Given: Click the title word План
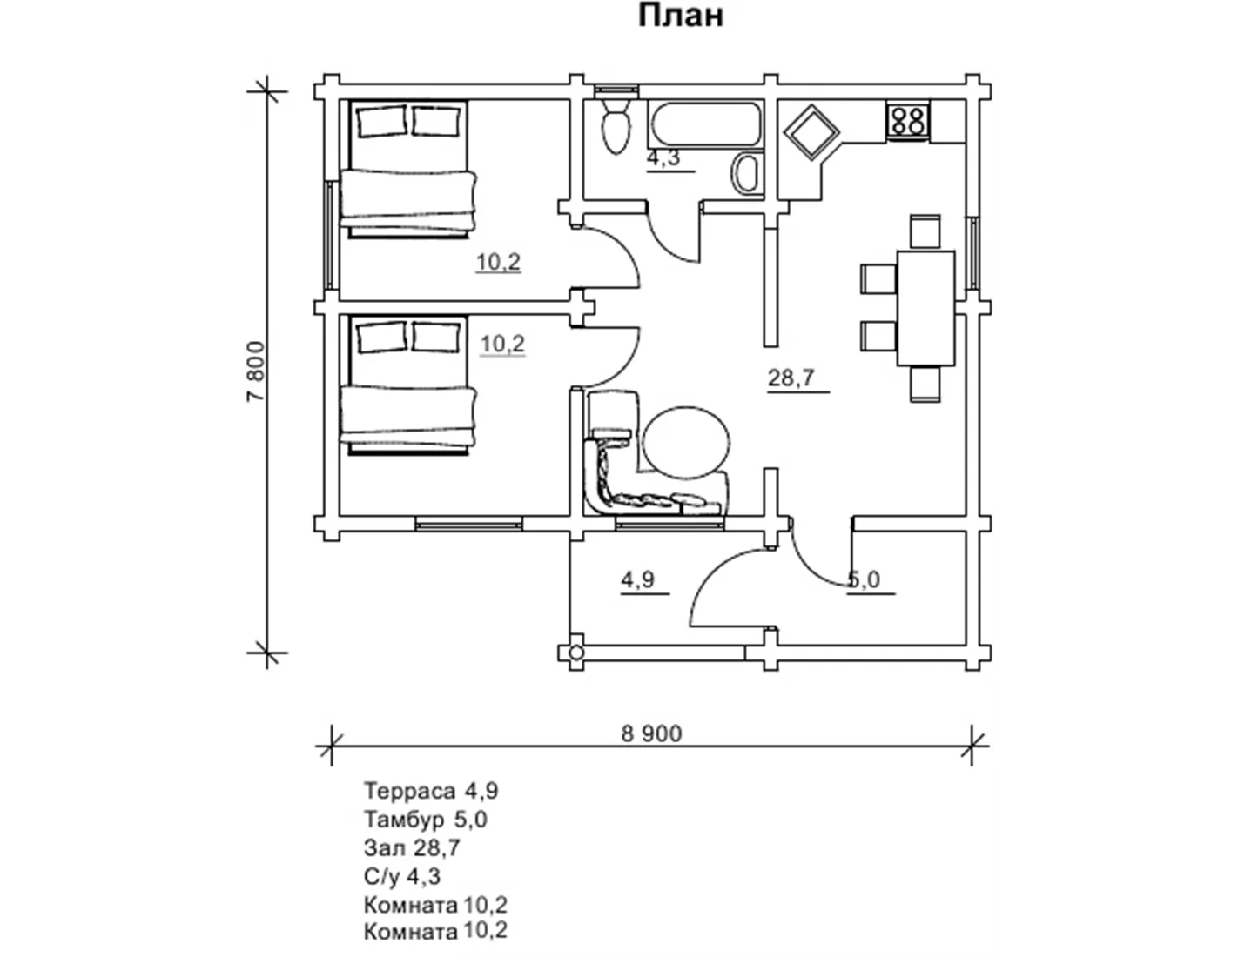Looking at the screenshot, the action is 680,16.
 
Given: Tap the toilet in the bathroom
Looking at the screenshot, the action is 616,126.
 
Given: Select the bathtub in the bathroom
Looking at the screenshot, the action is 706,124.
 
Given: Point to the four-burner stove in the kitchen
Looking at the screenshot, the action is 907,121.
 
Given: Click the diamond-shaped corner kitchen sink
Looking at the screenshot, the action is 811,132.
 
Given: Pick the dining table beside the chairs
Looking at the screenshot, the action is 925,308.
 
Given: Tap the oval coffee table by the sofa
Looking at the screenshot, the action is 686,442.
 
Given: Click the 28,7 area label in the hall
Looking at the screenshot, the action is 792,378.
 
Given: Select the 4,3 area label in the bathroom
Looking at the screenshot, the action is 663,157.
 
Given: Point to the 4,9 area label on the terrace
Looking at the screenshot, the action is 637,579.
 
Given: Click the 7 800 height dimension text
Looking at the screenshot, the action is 256,371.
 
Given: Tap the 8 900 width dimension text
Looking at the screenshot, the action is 651,733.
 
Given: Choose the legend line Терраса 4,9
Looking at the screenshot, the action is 431,791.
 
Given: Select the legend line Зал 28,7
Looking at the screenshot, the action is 412,848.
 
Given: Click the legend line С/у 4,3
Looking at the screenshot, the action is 402,877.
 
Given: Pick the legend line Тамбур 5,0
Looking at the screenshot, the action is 426,820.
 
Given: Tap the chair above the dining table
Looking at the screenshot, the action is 925,231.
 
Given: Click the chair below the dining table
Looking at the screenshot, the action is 925,385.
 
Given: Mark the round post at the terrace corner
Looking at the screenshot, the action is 575,652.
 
